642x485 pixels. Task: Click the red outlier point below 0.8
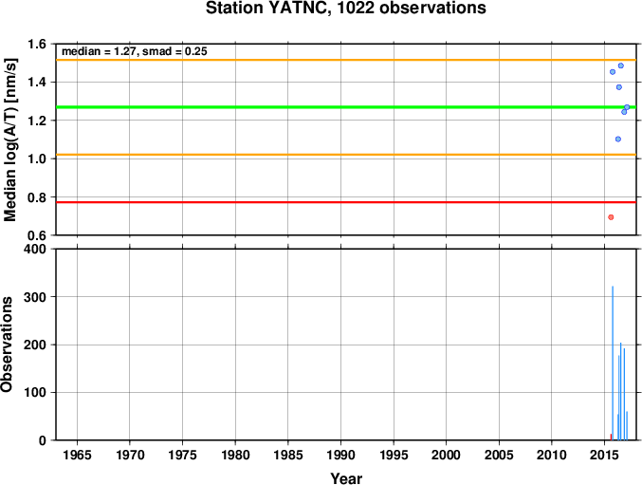[611, 217]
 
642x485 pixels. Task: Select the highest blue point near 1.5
[621, 65]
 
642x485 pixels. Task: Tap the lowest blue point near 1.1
[618, 140]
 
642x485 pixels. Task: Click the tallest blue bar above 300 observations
[613, 364]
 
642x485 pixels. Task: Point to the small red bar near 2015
[611, 438]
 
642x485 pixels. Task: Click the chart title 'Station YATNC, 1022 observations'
[346, 9]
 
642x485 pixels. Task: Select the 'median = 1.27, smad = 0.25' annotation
[135, 51]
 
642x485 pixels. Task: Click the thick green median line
[346, 107]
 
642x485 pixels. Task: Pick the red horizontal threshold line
[346, 202]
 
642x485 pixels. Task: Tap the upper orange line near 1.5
[346, 60]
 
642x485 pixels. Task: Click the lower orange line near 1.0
[346, 155]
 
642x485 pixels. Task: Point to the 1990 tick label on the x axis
[340, 455]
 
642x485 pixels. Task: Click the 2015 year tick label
[605, 455]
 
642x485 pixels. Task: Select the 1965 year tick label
[77, 455]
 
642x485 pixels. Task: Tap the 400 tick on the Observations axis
[38, 249]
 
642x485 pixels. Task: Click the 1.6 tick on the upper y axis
[38, 44]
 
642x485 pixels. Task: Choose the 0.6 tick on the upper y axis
[38, 235]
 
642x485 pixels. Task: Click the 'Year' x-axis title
[346, 478]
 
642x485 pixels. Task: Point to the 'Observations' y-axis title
[7, 345]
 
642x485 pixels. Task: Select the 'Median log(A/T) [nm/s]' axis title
[9, 140]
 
